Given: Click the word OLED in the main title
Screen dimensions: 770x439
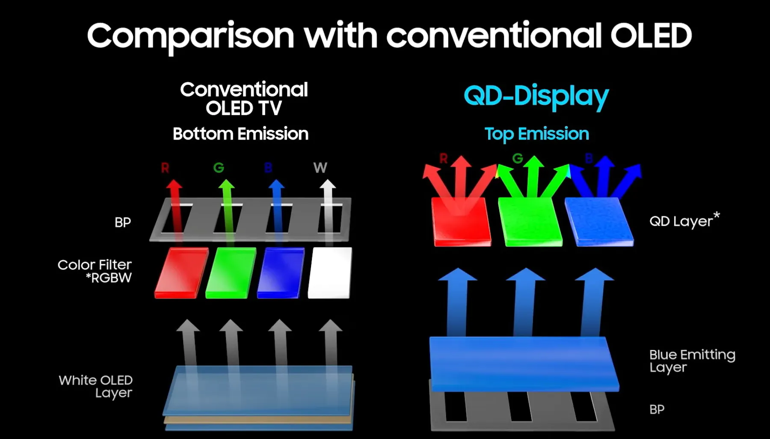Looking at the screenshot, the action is [x=651, y=35].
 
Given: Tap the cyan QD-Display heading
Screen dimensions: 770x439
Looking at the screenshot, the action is [x=536, y=96].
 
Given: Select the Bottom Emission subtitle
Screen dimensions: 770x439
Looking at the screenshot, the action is [x=240, y=134].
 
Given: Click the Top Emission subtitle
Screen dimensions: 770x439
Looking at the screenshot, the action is [x=536, y=134].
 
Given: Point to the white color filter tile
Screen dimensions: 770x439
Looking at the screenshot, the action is [x=330, y=273].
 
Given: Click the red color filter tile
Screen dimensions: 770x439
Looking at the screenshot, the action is [x=181, y=273].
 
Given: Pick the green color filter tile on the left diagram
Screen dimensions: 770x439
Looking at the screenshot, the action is [x=231, y=273].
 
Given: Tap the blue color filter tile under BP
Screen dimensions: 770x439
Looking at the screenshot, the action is [x=281, y=273].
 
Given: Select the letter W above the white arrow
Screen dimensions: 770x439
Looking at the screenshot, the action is [x=320, y=167].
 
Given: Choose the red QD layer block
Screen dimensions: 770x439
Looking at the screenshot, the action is [x=461, y=222].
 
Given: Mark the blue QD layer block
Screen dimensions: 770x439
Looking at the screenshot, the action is [x=599, y=222].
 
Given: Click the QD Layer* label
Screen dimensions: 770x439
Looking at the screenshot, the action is [x=684, y=220].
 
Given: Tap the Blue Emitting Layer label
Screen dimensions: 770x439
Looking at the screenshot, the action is [x=692, y=361].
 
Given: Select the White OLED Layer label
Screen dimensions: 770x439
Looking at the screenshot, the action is [x=96, y=386].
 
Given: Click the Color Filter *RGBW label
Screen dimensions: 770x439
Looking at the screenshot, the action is [x=95, y=271].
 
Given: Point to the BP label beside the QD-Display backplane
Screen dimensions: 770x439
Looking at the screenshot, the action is [x=657, y=409].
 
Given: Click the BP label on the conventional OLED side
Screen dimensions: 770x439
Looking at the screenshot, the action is [x=123, y=222].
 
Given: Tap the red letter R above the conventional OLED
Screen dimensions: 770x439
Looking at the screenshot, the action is [x=165, y=167].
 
